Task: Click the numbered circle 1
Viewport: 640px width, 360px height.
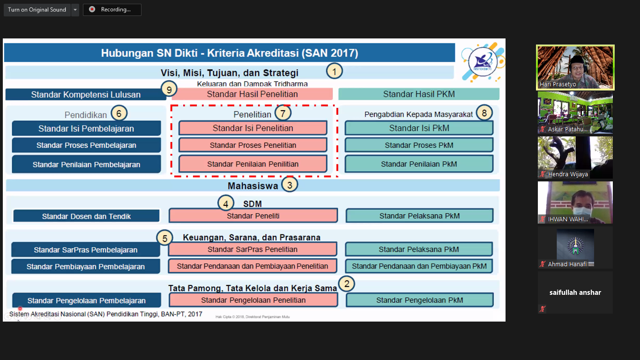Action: [334, 71]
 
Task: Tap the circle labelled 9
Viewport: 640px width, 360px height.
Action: [169, 88]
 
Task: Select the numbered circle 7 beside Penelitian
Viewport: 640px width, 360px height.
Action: [283, 113]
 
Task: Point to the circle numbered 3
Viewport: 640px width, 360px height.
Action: [290, 185]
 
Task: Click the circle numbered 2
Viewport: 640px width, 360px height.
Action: [347, 284]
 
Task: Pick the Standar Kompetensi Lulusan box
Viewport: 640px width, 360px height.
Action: [86, 94]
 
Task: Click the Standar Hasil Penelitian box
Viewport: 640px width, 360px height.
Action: [252, 94]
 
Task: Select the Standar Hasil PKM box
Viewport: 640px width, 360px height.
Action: [418, 94]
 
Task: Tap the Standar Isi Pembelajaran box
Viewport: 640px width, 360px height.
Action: [86, 128]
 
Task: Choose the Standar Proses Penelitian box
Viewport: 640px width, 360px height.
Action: [253, 145]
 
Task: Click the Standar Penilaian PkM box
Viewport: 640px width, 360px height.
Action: [419, 164]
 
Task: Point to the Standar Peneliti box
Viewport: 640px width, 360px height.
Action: [253, 216]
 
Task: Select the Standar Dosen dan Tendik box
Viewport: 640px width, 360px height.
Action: [86, 216]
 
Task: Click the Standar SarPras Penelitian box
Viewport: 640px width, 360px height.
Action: [253, 249]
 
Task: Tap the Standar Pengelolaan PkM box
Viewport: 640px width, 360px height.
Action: [419, 300]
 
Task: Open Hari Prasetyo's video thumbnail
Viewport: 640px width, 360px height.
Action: [575, 67]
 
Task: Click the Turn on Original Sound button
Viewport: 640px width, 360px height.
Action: [37, 10]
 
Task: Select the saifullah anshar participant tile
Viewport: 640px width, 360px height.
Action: [575, 292]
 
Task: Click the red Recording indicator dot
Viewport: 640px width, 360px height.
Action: [92, 9]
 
